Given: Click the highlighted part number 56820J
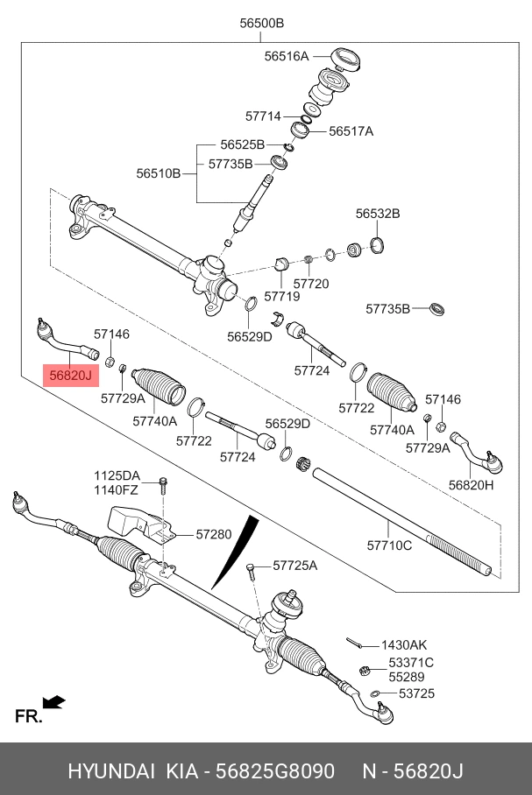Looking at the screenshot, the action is [x=71, y=376].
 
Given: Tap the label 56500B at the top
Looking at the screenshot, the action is [x=261, y=23].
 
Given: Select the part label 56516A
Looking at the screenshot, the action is [x=287, y=56].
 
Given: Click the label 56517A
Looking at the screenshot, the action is [x=351, y=131].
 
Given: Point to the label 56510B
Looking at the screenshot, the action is [x=159, y=173].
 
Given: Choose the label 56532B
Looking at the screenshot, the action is [x=378, y=214].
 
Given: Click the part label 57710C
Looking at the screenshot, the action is [x=389, y=545].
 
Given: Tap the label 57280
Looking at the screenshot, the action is [x=214, y=534].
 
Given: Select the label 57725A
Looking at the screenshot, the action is [x=295, y=566].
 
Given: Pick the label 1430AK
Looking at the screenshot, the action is [x=404, y=645].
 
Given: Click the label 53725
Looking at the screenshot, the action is [x=417, y=693].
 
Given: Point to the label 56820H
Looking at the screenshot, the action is [x=471, y=485].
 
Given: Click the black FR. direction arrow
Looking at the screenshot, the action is [x=53, y=702].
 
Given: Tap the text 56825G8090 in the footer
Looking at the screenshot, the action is [x=275, y=771].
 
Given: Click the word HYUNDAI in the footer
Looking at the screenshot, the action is [x=111, y=771].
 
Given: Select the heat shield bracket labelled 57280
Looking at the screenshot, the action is [x=142, y=526].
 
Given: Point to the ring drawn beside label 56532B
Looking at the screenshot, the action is [x=377, y=245].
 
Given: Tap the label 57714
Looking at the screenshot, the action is [x=263, y=116].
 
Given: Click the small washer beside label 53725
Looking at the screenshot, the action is [x=374, y=693].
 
